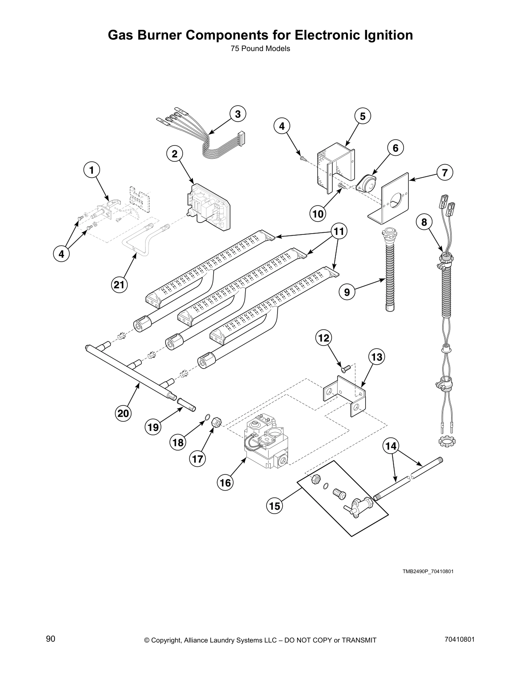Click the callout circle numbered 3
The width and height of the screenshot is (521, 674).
pos(238,114)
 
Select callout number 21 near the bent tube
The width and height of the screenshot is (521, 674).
pos(119,285)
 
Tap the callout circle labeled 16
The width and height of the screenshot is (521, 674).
pos(226,482)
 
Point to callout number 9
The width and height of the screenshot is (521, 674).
pos(347,292)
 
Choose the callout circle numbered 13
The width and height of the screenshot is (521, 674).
pos(376,357)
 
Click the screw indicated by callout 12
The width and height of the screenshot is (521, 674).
pos(345,368)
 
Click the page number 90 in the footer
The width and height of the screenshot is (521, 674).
pos(51,639)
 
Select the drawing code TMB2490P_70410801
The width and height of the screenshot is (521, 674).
pos(428,571)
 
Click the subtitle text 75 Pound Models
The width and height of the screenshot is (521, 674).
pos(260,49)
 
